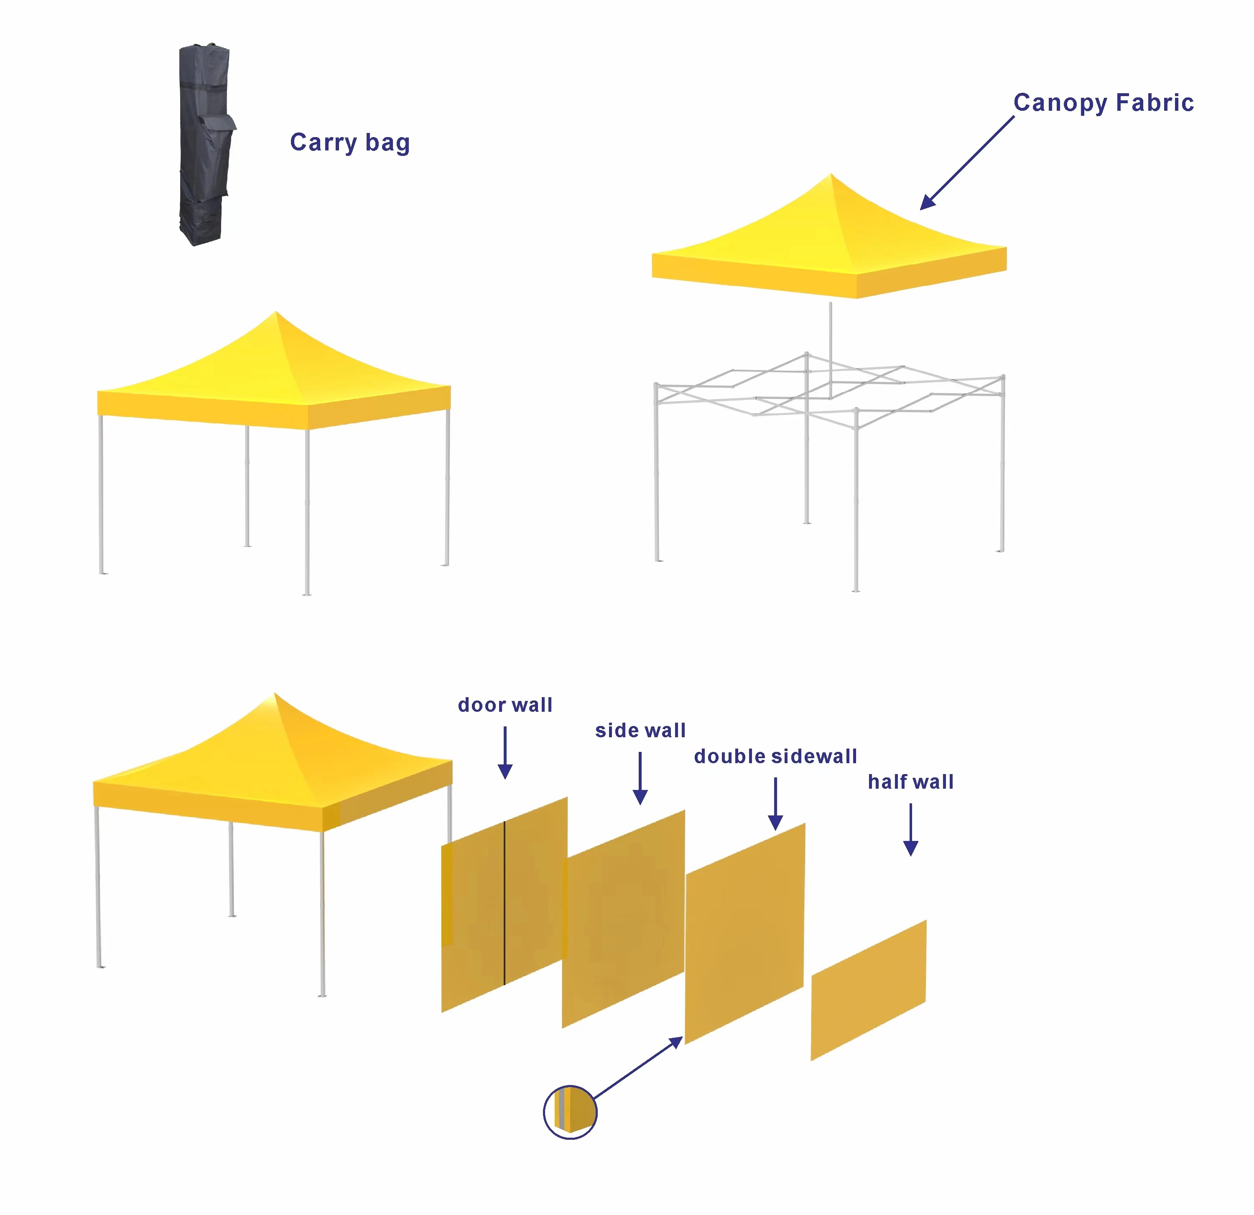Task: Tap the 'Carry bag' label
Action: (350, 142)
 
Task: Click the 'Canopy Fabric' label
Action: (1104, 103)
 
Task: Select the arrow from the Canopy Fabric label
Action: (967, 163)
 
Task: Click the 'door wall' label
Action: (505, 705)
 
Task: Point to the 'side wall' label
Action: (640, 730)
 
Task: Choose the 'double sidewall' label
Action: (775, 756)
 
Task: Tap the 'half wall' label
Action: (910, 782)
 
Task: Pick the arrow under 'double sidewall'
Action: (775, 804)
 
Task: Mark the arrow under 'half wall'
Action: (910, 830)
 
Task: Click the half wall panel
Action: (868, 991)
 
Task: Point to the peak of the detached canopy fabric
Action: (831, 173)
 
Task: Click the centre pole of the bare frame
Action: (831, 351)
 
